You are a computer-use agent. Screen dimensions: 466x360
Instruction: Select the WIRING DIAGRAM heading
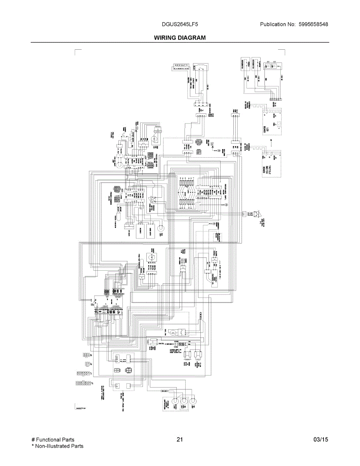180,38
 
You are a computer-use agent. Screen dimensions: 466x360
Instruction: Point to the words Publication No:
278,24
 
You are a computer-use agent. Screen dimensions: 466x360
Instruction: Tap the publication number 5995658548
313,24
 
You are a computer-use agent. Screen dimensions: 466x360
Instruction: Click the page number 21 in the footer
179,440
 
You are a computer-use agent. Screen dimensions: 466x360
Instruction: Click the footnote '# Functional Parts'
53,440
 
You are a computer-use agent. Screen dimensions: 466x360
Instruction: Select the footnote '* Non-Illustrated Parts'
57,446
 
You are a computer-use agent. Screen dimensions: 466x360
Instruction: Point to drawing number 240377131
81,408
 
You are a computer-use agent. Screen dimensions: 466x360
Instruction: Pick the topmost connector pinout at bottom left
86,355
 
